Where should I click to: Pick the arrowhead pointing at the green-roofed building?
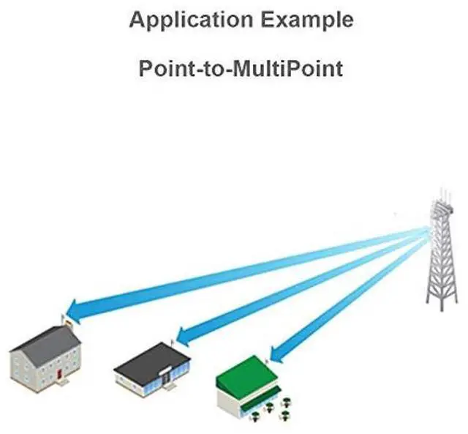click(274, 355)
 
